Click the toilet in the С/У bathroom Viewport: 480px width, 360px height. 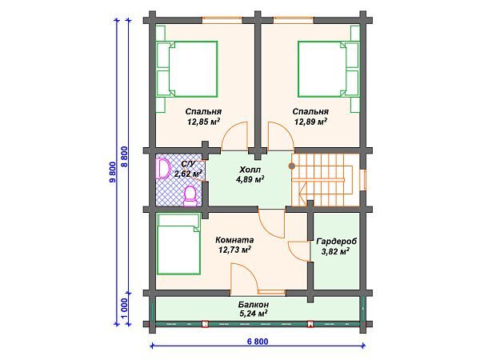pos(190,196)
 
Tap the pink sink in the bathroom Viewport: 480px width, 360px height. pos(163,168)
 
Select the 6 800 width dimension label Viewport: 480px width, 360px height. pos(257,342)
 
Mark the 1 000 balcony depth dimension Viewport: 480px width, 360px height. pos(125,309)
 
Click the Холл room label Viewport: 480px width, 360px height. pos(250,170)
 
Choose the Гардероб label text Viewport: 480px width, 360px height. pos(337,242)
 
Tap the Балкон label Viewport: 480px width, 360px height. pos(254,305)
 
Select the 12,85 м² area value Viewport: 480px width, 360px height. pos(203,122)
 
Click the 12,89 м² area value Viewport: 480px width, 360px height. pos(310,122)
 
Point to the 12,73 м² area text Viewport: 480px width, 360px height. pos(234,250)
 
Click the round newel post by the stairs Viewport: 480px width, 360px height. pos(292,166)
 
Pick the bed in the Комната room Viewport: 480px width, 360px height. pos(178,244)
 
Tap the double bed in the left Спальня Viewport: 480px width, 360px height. pos(186,69)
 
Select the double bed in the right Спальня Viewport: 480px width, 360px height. pos(328,69)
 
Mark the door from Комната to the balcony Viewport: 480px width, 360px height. pos(243,277)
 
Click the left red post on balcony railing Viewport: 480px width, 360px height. pos(205,324)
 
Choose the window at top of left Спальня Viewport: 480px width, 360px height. pos(222,20)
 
